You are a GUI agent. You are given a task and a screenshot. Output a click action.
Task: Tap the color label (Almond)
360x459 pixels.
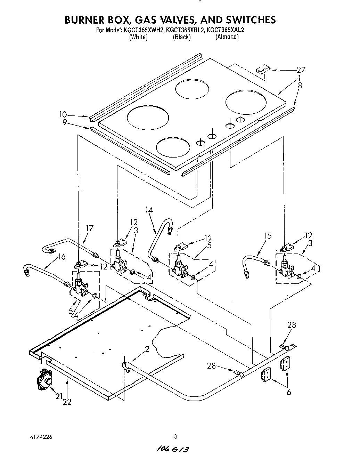[227, 37]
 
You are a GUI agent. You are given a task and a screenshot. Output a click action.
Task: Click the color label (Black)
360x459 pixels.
[182, 37]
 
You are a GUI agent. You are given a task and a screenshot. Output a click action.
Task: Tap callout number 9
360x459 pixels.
[64, 122]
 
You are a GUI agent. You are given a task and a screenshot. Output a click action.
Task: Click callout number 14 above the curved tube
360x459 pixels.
[149, 210]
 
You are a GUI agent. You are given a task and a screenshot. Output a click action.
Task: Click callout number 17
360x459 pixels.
[90, 228]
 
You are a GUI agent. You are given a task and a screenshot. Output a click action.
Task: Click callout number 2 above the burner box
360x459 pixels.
[147, 349]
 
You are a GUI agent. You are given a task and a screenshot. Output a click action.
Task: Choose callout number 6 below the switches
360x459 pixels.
[289, 393]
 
